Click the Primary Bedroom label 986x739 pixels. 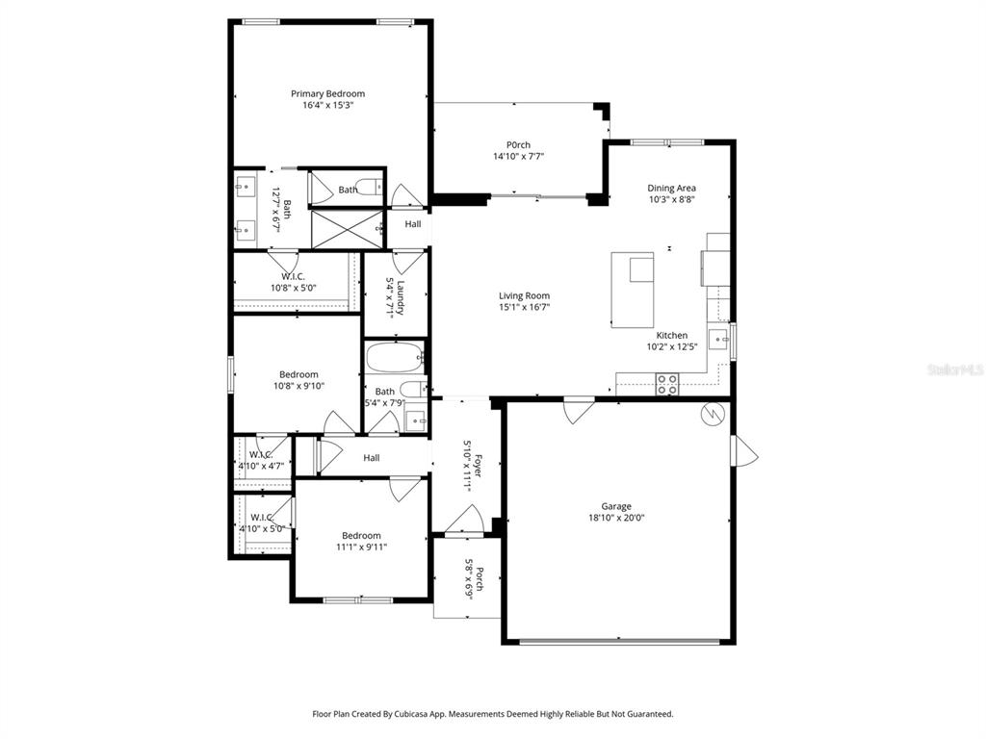tap(328, 93)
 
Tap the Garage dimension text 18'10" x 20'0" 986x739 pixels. tap(616, 518)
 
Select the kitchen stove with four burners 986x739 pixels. tap(667, 384)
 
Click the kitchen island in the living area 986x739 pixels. tap(633, 290)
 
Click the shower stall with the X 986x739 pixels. tap(344, 229)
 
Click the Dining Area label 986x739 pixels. tap(671, 188)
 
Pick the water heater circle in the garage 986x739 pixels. tap(714, 413)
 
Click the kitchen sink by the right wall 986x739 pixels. tap(717, 338)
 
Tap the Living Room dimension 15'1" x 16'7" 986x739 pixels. tap(524, 307)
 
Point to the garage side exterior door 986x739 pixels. tap(743, 451)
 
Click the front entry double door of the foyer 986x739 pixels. tap(466, 523)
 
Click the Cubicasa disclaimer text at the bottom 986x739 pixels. tap(492, 714)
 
